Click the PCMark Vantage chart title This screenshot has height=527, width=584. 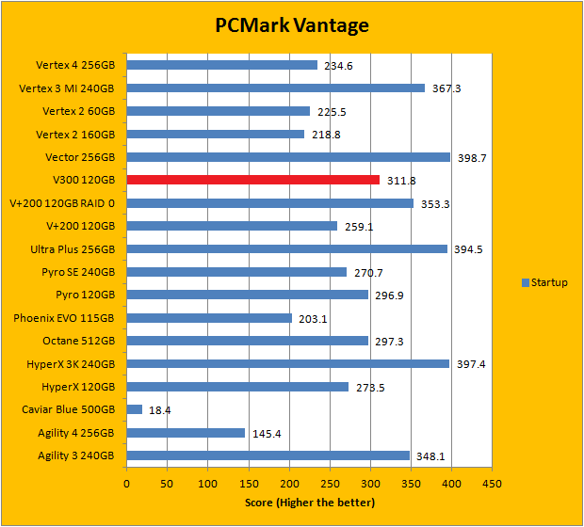tap(291, 25)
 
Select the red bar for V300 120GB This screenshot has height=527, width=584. tap(252, 180)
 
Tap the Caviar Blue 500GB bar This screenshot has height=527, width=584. tap(134, 409)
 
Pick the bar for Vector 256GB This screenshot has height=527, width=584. tap(288, 157)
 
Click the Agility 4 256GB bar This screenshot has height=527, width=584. tap(186, 433)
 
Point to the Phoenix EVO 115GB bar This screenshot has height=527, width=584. tap(209, 318)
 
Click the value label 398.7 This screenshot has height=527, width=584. tap(470, 158)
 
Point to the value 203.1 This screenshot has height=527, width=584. tap(312, 319)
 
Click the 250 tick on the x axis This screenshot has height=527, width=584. tap(330, 483)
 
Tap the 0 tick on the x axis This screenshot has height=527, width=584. tap(127, 483)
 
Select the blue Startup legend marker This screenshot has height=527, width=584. tap(525, 282)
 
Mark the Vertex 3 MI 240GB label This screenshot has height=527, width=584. tap(66, 88)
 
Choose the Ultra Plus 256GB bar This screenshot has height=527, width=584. tap(286, 249)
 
